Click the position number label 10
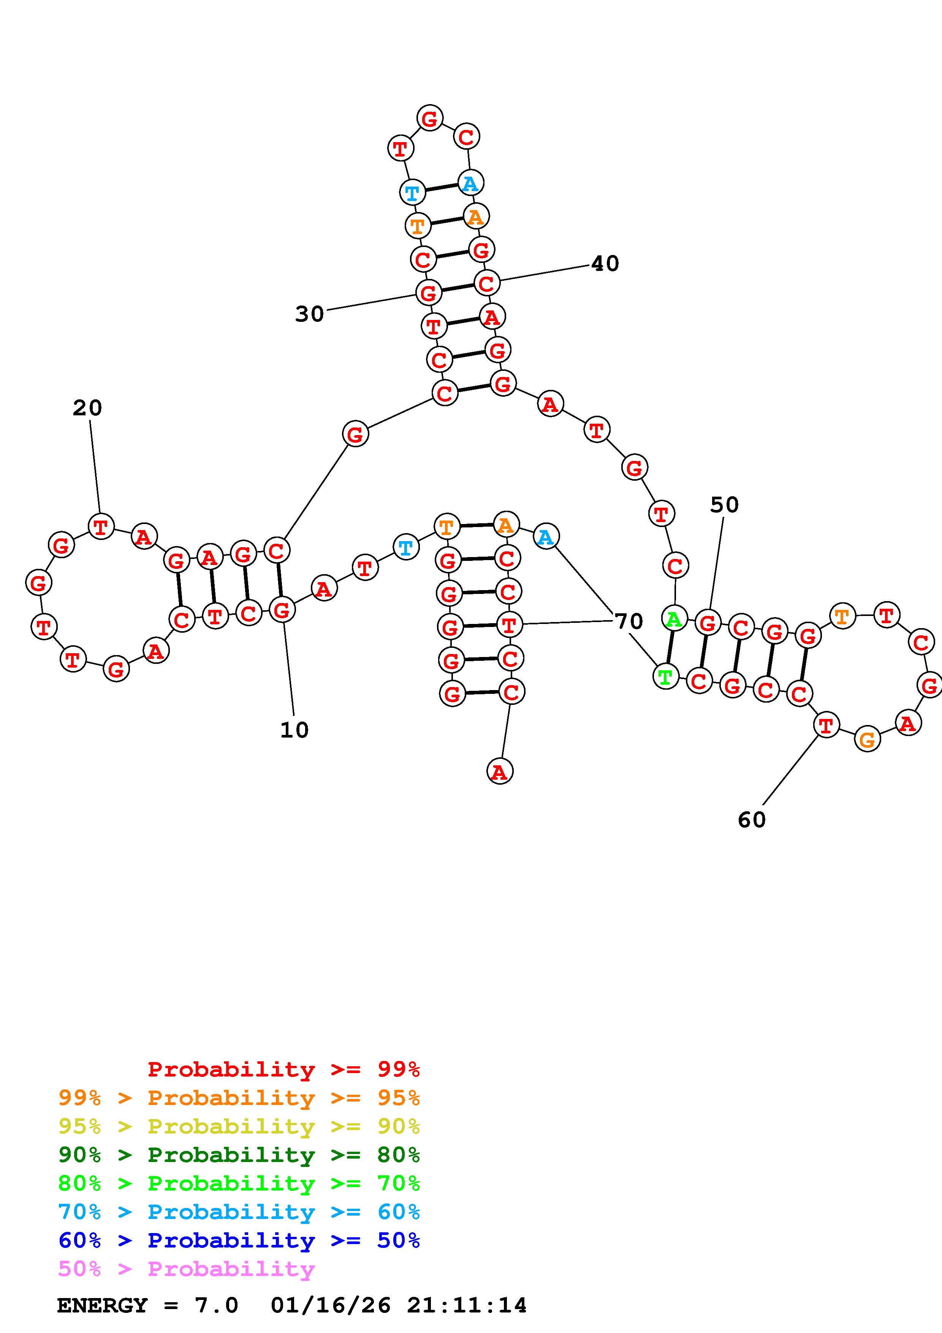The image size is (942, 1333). point(294,730)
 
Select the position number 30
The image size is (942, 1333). point(309,314)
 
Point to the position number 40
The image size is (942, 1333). point(605,264)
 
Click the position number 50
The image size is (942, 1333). point(724,505)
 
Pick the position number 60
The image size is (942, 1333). point(752,820)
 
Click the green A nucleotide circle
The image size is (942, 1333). point(674,619)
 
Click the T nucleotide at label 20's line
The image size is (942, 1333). point(101,527)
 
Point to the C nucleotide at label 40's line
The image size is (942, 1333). point(486,283)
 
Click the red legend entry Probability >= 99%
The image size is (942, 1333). point(284,1069)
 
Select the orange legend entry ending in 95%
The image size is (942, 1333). point(239,1098)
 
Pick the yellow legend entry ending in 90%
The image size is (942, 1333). point(239,1126)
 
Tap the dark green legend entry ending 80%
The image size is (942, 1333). point(239,1155)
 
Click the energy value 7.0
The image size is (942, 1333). point(217,1306)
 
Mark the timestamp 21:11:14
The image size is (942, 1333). point(467,1306)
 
